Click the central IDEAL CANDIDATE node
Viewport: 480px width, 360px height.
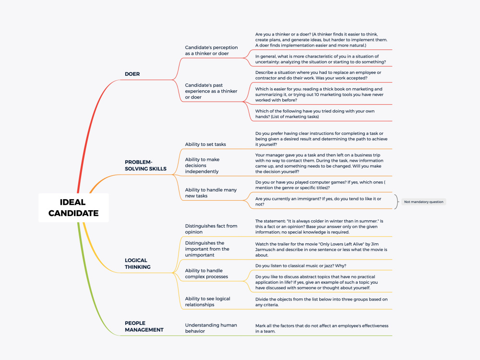click(x=73, y=207)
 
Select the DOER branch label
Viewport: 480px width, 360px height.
click(x=132, y=74)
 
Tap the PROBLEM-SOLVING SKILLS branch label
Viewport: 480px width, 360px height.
click(x=146, y=165)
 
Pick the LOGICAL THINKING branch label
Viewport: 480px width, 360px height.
click(x=137, y=264)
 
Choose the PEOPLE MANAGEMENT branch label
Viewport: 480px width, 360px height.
click(x=144, y=326)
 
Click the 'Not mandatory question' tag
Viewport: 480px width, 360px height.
click(x=424, y=202)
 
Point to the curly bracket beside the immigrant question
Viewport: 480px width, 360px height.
click(x=397, y=202)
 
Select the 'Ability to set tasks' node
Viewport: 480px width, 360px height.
click(x=205, y=144)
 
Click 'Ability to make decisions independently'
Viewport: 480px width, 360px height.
click(x=202, y=165)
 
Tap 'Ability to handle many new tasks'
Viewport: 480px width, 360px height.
click(x=211, y=193)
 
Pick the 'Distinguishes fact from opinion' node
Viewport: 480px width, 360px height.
click(x=211, y=229)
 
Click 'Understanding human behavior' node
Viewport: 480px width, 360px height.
click(x=211, y=328)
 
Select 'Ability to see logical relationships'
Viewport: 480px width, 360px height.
click(x=207, y=301)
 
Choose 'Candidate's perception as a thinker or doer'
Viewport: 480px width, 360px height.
click(x=211, y=50)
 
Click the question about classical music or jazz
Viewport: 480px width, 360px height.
click(x=300, y=266)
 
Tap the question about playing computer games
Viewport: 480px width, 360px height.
click(x=320, y=185)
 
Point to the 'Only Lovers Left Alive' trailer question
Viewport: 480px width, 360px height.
click(x=321, y=250)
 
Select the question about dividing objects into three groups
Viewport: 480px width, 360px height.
click(x=322, y=302)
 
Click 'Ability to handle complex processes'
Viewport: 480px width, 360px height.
click(x=206, y=274)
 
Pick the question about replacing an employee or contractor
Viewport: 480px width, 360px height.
click(x=318, y=75)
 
